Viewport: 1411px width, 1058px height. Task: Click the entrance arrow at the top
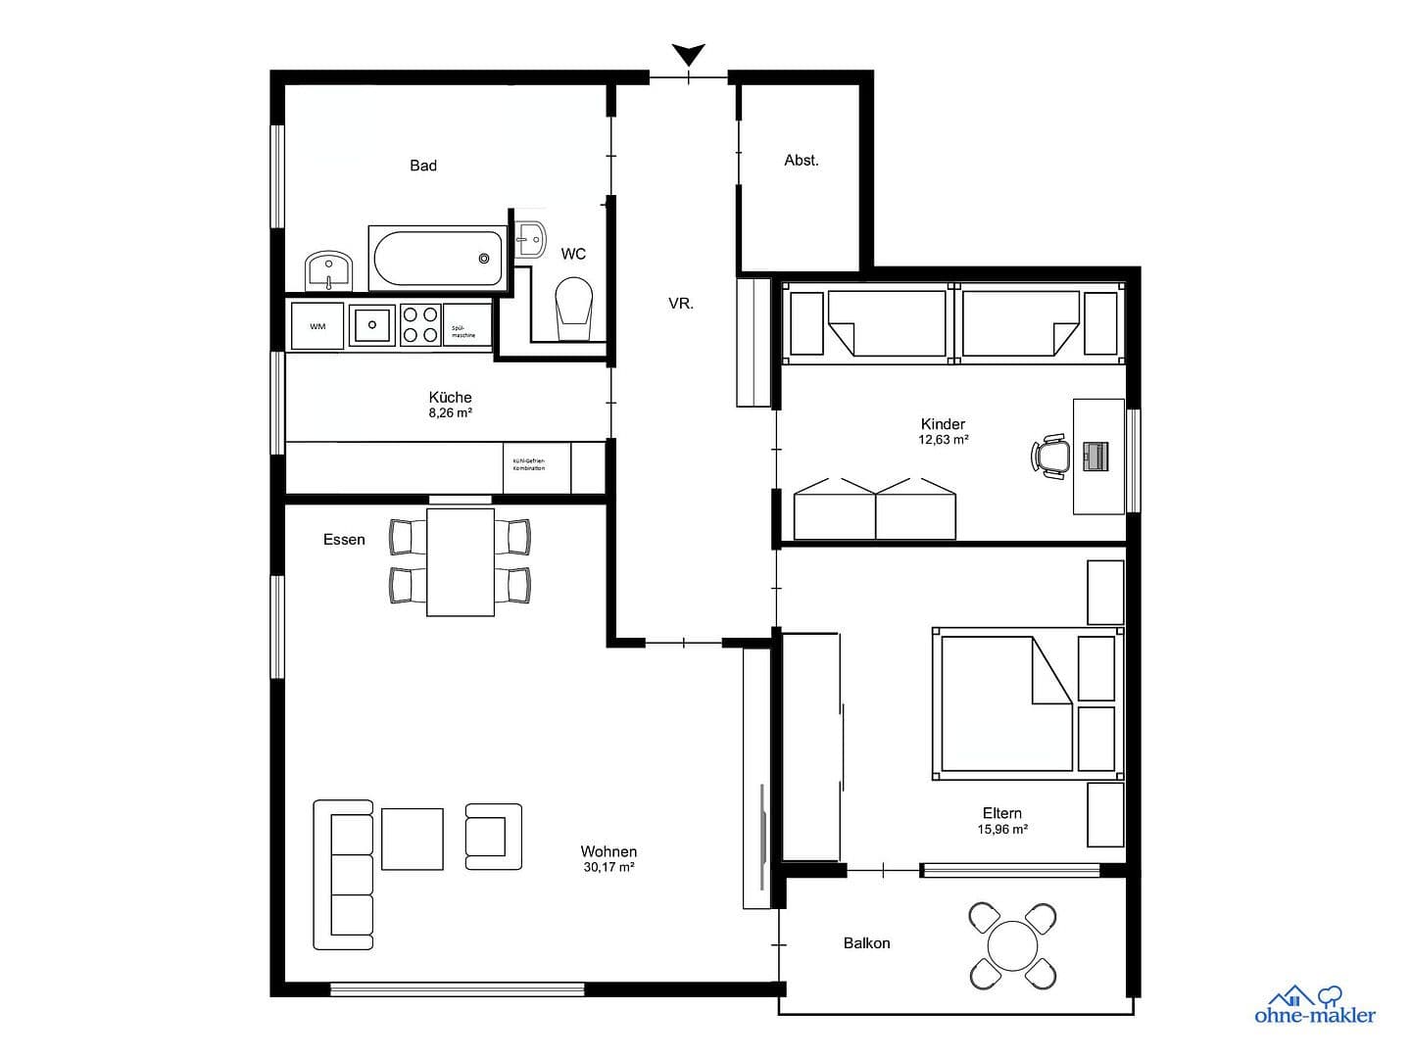tap(689, 54)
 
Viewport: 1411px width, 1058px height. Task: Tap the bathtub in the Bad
tap(438, 258)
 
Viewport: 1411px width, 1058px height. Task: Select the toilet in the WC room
tap(574, 306)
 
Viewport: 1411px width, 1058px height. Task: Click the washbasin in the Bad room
tap(328, 271)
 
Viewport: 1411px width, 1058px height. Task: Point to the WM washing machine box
tap(317, 326)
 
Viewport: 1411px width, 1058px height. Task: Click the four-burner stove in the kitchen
tap(420, 325)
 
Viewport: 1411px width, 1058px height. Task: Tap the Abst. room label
tap(801, 160)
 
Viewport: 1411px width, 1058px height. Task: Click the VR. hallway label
tap(681, 304)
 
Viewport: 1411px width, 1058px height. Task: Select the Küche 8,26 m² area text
tap(451, 405)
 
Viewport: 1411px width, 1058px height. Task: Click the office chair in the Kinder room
tap(1051, 457)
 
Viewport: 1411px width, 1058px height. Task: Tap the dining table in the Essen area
tap(461, 561)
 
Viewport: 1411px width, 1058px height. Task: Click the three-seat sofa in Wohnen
tap(345, 874)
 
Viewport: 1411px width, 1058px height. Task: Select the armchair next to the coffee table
tap(492, 837)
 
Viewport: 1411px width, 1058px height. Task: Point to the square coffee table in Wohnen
tap(412, 839)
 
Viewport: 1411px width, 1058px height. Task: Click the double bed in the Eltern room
tap(1004, 703)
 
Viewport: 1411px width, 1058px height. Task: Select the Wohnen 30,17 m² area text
tap(608, 859)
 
